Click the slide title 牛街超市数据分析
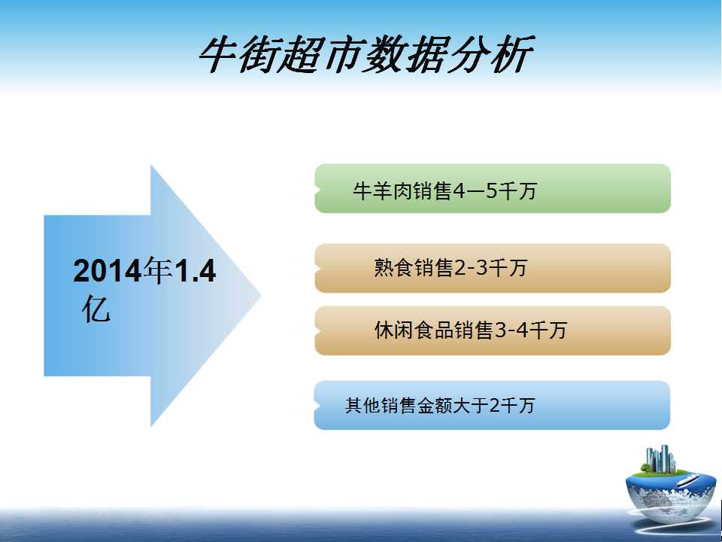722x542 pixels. (366, 54)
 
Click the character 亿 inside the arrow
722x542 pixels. (96, 309)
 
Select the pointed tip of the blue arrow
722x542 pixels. (261, 295)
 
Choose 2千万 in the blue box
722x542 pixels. (511, 406)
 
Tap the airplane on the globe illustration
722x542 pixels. (686, 480)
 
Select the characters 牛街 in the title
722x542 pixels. (240, 54)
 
